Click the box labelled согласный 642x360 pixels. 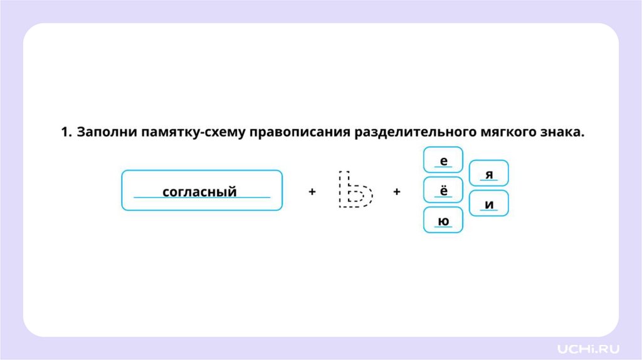click(201, 190)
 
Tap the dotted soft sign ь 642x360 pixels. click(354, 190)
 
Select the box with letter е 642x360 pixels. click(443, 159)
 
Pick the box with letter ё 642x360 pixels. click(443, 189)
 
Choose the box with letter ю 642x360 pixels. click(443, 220)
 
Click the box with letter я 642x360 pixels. click(489, 173)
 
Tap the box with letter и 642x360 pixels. click(489, 204)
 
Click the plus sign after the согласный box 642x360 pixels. click(312, 192)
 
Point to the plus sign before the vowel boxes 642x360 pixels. click(397, 192)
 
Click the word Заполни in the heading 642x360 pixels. click(106, 132)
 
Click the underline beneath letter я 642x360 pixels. click(489, 181)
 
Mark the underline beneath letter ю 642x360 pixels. click(443, 228)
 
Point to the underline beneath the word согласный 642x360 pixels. click(201, 198)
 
